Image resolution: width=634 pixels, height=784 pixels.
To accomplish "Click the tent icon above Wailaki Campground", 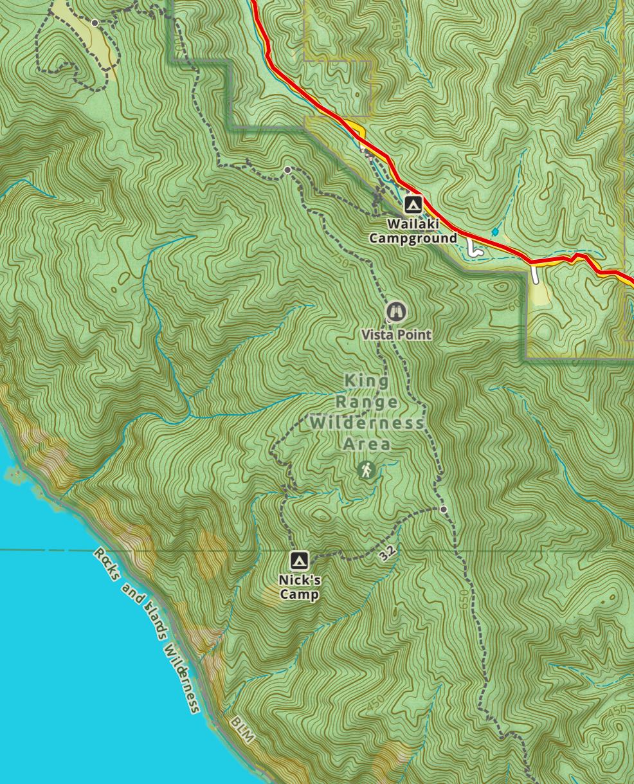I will pyautogui.click(x=413, y=205).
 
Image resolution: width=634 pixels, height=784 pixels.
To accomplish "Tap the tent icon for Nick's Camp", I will pyautogui.click(x=298, y=561).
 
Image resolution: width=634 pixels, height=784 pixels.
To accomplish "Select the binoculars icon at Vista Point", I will pyautogui.click(x=396, y=313).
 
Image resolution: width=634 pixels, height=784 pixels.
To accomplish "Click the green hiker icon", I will pyautogui.click(x=367, y=471).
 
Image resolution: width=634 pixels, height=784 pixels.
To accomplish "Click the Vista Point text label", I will pyautogui.click(x=396, y=335).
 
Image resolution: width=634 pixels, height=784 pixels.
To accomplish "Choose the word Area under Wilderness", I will pyautogui.click(x=367, y=444).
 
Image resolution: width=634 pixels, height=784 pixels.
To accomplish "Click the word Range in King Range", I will pyautogui.click(x=367, y=403).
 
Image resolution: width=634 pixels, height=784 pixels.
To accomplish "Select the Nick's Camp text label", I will pyautogui.click(x=299, y=587).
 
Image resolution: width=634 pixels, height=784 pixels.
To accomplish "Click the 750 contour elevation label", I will pyautogui.click(x=341, y=262).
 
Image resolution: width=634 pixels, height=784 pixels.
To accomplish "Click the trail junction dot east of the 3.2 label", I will pyautogui.click(x=444, y=509).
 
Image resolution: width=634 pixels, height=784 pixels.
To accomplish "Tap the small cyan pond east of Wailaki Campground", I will pyautogui.click(x=494, y=232).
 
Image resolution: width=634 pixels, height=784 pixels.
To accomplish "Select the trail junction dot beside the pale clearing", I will pyautogui.click(x=95, y=23).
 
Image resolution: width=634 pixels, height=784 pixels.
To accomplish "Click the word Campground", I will pyautogui.click(x=412, y=239).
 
